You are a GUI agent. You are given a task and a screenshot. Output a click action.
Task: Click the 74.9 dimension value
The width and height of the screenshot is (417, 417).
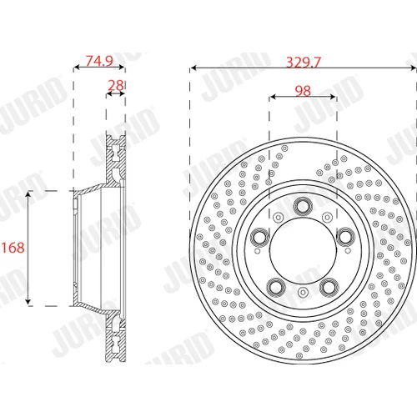click(99, 61)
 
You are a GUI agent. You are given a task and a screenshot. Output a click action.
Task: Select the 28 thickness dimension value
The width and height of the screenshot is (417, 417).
click(116, 85)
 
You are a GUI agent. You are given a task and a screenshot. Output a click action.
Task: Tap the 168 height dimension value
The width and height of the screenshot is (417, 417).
click(13, 248)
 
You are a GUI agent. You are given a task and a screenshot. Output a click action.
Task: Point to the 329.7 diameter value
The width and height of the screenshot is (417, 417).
click(304, 63)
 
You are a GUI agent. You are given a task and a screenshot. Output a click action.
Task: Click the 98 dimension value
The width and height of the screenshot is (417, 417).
click(303, 91)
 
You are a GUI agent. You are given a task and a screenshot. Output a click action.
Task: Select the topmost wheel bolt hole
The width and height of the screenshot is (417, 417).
click(303, 207)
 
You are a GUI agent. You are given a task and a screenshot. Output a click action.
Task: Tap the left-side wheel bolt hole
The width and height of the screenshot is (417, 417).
click(260, 237)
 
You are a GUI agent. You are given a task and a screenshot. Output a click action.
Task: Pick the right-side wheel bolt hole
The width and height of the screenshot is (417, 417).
click(345, 237)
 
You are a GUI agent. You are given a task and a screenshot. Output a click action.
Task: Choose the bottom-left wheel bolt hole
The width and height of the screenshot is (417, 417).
click(276, 287)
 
